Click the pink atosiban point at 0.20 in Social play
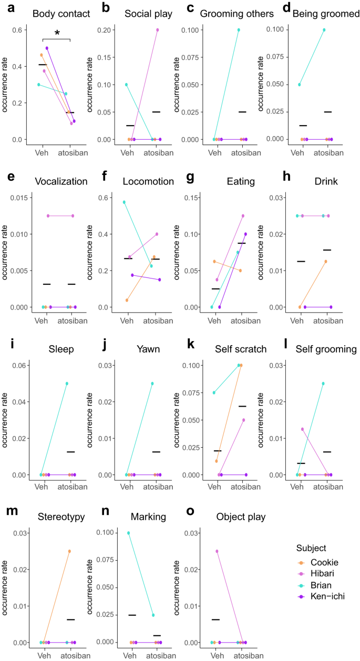click(157, 30)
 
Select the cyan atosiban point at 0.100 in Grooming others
click(238, 30)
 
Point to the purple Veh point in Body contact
click(47, 48)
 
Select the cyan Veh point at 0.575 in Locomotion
click(124, 202)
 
